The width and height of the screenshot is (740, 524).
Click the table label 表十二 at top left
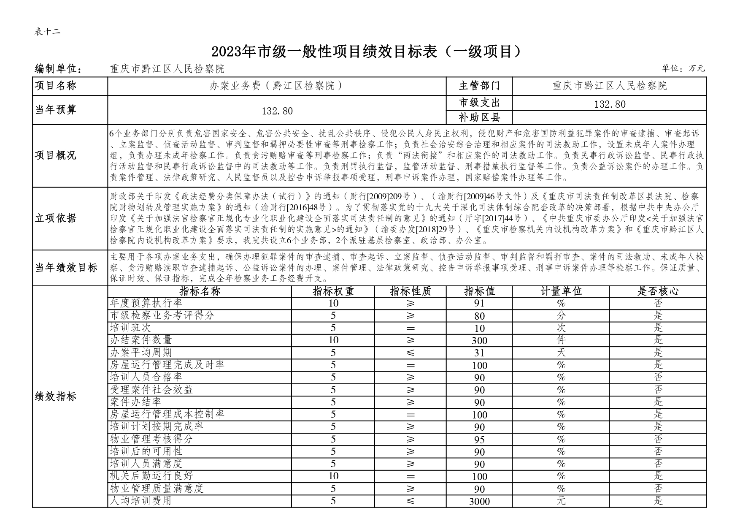tap(47, 32)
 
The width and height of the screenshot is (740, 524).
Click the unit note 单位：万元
tap(683, 68)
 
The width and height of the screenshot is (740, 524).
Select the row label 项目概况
tap(56, 155)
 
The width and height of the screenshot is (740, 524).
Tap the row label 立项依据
tap(56, 218)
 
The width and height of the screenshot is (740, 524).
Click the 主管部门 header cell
tap(479, 86)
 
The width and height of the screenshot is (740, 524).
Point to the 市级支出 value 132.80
tap(609, 104)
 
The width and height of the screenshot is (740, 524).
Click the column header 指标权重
tap(333, 291)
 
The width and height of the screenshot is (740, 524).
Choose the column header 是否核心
tap(658, 291)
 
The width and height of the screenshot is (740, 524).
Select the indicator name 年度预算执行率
tap(146, 303)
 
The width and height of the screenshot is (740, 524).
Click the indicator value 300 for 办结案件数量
tap(479, 340)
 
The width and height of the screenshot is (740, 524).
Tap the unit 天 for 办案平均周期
tap(561, 353)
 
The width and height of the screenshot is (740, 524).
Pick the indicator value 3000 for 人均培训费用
tap(479, 501)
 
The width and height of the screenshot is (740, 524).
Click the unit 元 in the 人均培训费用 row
tap(561, 501)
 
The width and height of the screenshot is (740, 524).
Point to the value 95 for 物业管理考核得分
tap(479, 440)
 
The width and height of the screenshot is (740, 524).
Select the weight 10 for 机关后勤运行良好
tap(333, 476)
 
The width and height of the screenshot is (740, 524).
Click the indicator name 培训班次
tap(130, 328)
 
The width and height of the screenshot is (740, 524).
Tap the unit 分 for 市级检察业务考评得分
tap(561, 316)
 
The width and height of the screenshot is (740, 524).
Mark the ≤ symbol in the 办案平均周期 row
tap(411, 353)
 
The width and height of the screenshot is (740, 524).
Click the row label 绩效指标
tap(56, 396)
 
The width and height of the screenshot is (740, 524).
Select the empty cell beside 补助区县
tap(609, 117)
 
